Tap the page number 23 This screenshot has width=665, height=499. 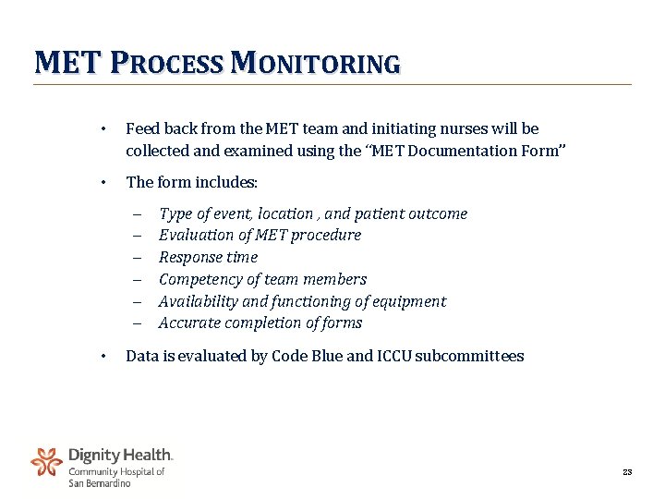point(627,473)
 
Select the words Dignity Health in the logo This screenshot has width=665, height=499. point(120,456)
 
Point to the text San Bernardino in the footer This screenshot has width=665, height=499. point(100,482)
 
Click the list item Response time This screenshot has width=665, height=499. point(208,257)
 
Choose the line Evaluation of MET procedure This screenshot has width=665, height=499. point(260,236)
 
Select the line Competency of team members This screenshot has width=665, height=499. point(262,279)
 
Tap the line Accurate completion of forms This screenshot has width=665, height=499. point(260,323)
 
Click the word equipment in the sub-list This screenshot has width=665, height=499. point(408,301)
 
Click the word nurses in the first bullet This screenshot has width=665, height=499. point(406,128)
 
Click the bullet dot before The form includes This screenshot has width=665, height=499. point(105,183)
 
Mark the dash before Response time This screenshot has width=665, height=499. point(135,258)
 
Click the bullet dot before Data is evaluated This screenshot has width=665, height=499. point(105,357)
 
